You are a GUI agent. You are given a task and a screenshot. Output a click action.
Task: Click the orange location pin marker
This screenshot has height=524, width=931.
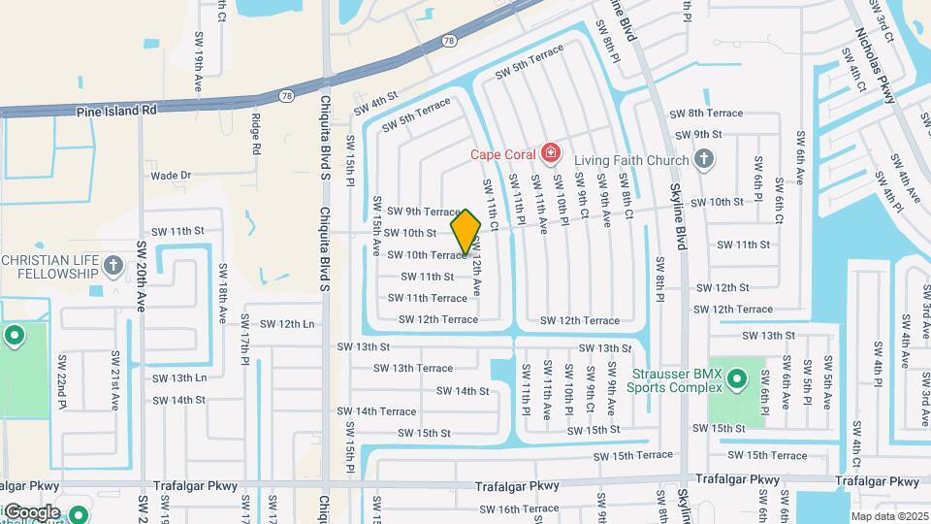tap(465, 231)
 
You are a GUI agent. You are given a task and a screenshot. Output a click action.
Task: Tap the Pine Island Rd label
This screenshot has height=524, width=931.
tap(116, 111)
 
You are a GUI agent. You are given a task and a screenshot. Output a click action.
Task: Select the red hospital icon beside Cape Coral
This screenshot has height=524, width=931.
tap(550, 153)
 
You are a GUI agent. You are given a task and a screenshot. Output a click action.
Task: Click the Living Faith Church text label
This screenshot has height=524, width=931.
tap(630, 160)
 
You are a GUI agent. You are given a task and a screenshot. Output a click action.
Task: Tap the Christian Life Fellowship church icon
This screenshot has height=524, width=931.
tap(113, 264)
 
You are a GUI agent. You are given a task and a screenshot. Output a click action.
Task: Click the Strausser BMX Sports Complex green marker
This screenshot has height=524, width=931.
tap(736, 378)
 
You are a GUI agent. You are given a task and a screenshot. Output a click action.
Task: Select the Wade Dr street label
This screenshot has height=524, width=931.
tap(171, 176)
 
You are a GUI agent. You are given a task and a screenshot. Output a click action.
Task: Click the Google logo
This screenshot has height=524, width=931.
tap(31, 511)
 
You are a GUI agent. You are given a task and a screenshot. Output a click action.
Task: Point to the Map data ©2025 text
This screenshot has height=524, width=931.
tap(888, 516)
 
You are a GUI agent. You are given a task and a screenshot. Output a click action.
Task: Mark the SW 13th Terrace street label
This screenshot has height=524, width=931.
tap(414, 369)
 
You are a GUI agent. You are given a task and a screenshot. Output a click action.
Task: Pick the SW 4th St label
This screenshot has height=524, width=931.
tap(376, 104)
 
